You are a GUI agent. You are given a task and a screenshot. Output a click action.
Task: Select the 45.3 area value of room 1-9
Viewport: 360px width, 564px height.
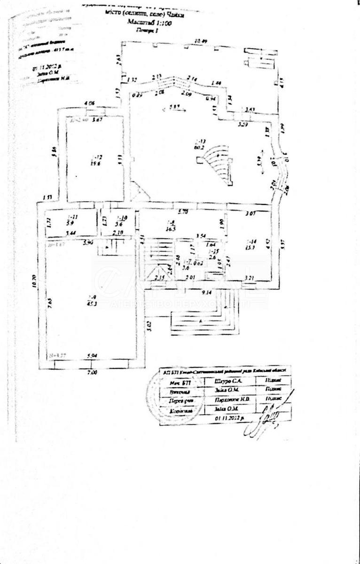click(93, 303)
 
